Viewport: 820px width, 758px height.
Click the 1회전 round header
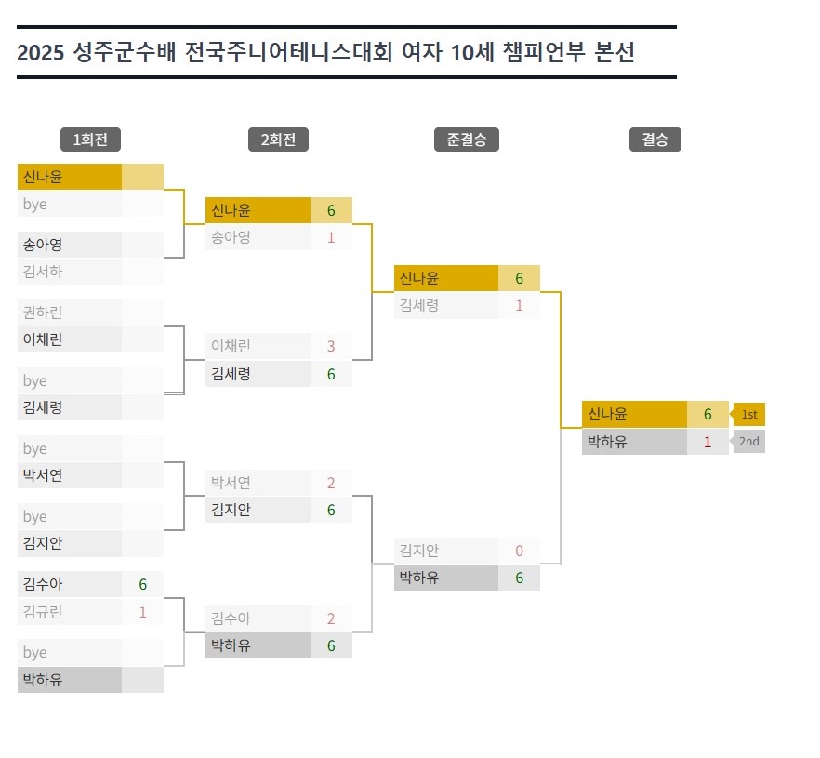tap(90, 140)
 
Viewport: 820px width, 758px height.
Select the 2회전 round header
tap(278, 140)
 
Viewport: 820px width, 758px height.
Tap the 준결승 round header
tap(467, 140)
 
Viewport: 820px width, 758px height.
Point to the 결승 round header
tap(655, 140)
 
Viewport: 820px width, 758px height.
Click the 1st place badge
tap(749, 414)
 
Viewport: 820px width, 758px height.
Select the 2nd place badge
tap(749, 442)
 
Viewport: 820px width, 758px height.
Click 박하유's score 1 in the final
tap(708, 442)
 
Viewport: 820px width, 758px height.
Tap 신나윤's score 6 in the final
tap(708, 414)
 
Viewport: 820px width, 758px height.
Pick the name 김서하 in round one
tap(43, 272)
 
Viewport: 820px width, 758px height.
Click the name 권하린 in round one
tap(43, 313)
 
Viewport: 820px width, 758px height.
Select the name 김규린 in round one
tap(43, 612)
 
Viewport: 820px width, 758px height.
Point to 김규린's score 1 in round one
tap(143, 612)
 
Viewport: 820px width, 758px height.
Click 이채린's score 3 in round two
tap(331, 346)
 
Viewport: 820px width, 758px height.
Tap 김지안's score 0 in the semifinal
tap(520, 551)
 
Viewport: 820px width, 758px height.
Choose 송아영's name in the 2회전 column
tap(231, 237)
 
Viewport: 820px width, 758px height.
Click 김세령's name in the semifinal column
tap(419, 305)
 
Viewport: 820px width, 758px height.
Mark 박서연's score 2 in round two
tap(331, 483)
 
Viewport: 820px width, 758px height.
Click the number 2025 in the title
tap(41, 53)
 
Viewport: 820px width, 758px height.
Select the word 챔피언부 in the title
tap(544, 52)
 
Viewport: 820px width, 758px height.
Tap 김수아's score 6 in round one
tap(143, 584)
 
